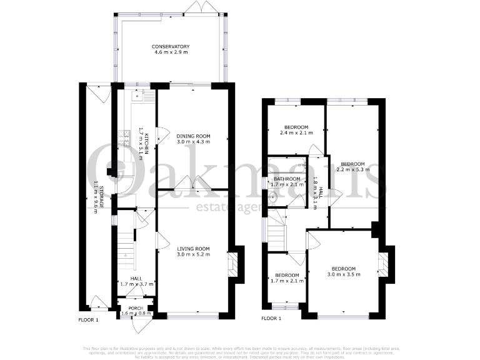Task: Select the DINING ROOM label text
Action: point(192,136)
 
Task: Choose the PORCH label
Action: point(135,309)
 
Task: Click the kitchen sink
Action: point(137,96)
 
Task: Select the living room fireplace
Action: point(232,264)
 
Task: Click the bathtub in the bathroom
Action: point(286,165)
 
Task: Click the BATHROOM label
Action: point(287,179)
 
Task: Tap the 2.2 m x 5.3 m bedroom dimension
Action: point(352,169)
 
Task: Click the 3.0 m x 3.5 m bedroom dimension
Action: point(346,274)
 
